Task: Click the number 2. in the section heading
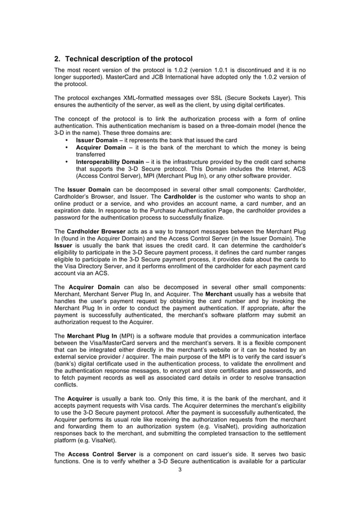click(58, 59)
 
